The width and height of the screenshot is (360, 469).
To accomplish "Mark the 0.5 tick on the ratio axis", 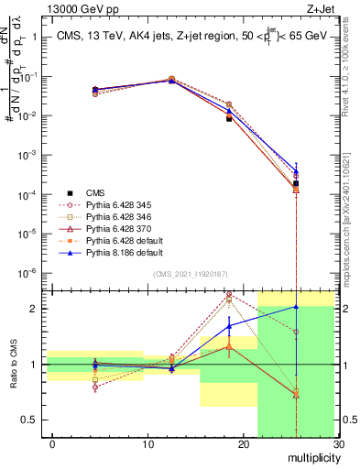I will point(27,420).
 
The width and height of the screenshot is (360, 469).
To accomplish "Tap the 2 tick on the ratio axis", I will point(31,309).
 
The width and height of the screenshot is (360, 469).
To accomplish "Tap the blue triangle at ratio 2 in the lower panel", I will point(296,307).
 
